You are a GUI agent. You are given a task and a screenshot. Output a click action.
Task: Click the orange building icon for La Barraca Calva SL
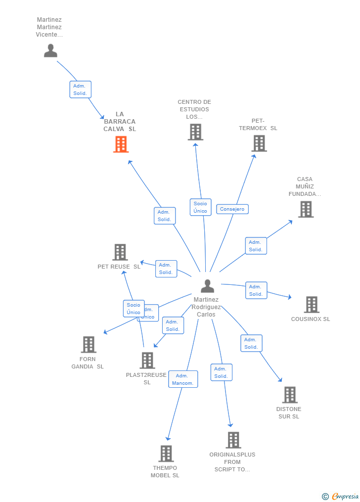point(121,144)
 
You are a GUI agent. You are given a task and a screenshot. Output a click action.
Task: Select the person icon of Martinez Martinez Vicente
point(50,50)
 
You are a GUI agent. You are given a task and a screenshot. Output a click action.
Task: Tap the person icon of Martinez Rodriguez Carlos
point(207,286)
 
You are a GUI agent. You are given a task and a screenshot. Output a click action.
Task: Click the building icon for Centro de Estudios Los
point(195,132)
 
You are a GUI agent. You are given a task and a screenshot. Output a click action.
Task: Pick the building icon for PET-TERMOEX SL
point(259,143)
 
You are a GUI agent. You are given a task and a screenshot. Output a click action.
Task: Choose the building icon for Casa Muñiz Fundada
point(306,209)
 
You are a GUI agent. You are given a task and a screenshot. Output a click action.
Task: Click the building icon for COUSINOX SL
point(311,305)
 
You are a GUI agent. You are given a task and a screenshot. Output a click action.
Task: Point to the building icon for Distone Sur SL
point(290,395)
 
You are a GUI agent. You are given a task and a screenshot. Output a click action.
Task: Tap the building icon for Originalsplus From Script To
point(233,440)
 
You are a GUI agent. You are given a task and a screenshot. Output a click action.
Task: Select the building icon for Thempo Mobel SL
point(166,454)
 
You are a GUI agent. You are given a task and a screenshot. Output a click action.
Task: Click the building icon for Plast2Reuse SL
point(147,361)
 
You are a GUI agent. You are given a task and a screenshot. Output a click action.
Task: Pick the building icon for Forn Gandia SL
point(88,344)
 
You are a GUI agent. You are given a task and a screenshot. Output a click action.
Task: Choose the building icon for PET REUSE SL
point(120,252)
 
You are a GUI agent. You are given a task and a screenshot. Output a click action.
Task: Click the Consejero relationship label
point(232,209)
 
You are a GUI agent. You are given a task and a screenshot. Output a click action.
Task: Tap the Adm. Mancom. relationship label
point(183,379)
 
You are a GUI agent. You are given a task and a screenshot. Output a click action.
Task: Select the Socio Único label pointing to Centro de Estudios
point(200,207)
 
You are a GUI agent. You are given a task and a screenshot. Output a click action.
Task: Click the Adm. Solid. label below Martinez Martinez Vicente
point(80,90)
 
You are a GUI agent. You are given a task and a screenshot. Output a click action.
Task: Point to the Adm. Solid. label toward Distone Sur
point(251,343)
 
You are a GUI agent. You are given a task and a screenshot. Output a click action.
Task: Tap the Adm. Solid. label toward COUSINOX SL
point(256,290)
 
